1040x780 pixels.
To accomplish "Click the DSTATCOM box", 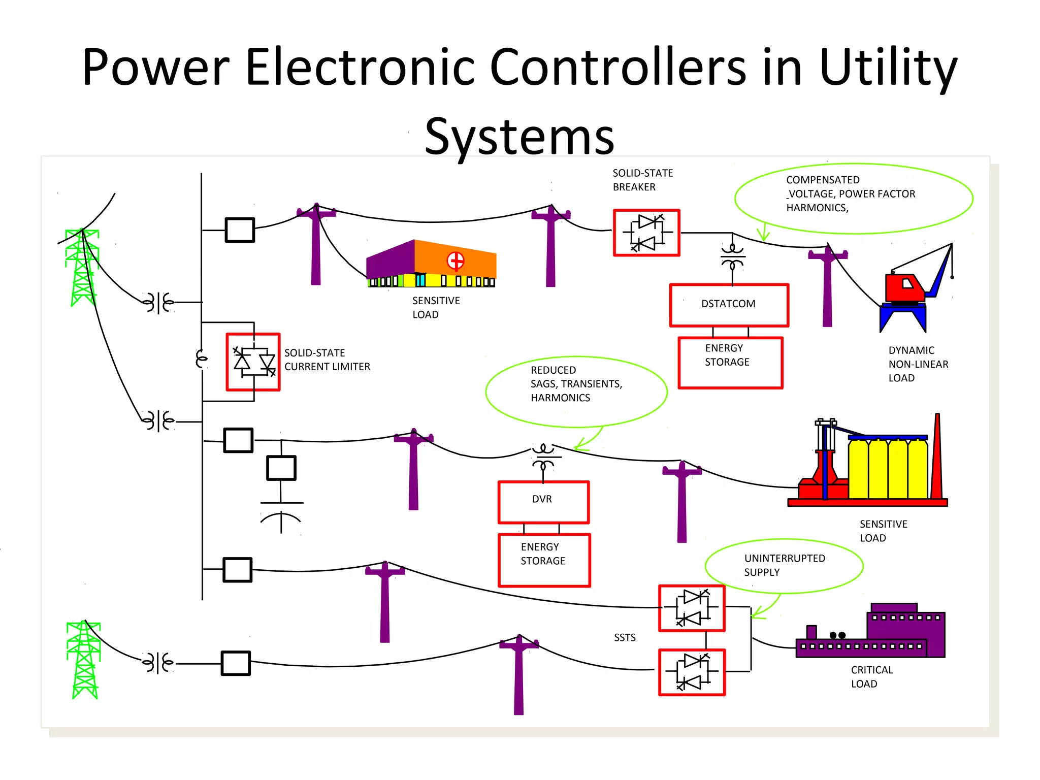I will point(729,305).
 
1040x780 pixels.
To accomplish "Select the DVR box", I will point(543,502).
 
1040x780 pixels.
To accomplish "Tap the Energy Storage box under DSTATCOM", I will point(730,363).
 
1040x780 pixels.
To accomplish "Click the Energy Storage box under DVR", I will point(544,560).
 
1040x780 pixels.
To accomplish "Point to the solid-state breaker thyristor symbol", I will point(646,233).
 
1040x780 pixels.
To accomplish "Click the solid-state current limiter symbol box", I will point(253,362).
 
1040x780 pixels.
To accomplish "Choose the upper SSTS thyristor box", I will point(692,608).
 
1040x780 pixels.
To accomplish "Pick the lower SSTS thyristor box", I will point(692,672).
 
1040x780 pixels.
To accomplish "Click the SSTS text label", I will point(624,637).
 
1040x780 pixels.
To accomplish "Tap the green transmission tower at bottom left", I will point(84,660).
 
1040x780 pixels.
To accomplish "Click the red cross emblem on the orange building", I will point(456,261).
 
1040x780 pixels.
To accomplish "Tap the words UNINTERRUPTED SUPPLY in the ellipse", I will point(784,565).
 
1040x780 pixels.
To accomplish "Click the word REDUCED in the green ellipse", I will point(553,370).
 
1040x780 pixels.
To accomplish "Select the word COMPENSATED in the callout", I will point(823,180).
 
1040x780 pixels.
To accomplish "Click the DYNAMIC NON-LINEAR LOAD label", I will point(918,364).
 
